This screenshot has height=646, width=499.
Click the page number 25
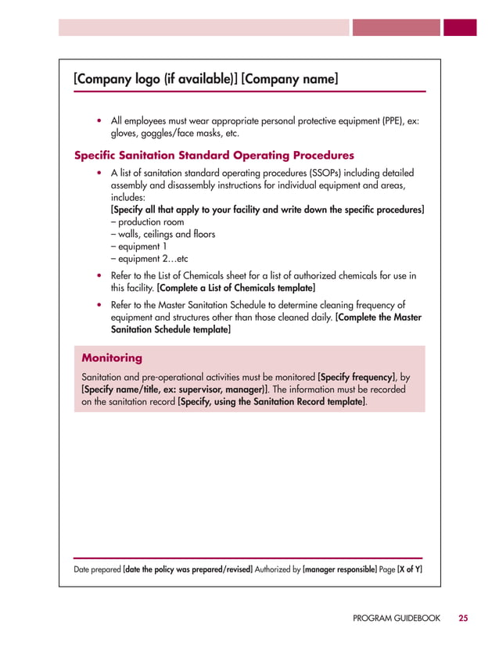(464, 618)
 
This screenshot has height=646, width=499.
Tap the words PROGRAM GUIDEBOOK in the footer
(397, 618)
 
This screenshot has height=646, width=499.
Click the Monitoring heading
(112, 358)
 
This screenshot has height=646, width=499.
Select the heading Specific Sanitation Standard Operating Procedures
(213, 155)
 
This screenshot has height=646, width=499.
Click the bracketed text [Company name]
(290, 79)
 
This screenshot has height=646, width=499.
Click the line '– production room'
(148, 222)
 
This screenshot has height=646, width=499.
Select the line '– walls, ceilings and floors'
(163, 234)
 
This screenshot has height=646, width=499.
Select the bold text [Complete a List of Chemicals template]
(236, 288)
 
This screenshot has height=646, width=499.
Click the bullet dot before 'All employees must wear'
(99, 121)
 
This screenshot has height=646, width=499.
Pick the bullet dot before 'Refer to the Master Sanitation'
(99, 305)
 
